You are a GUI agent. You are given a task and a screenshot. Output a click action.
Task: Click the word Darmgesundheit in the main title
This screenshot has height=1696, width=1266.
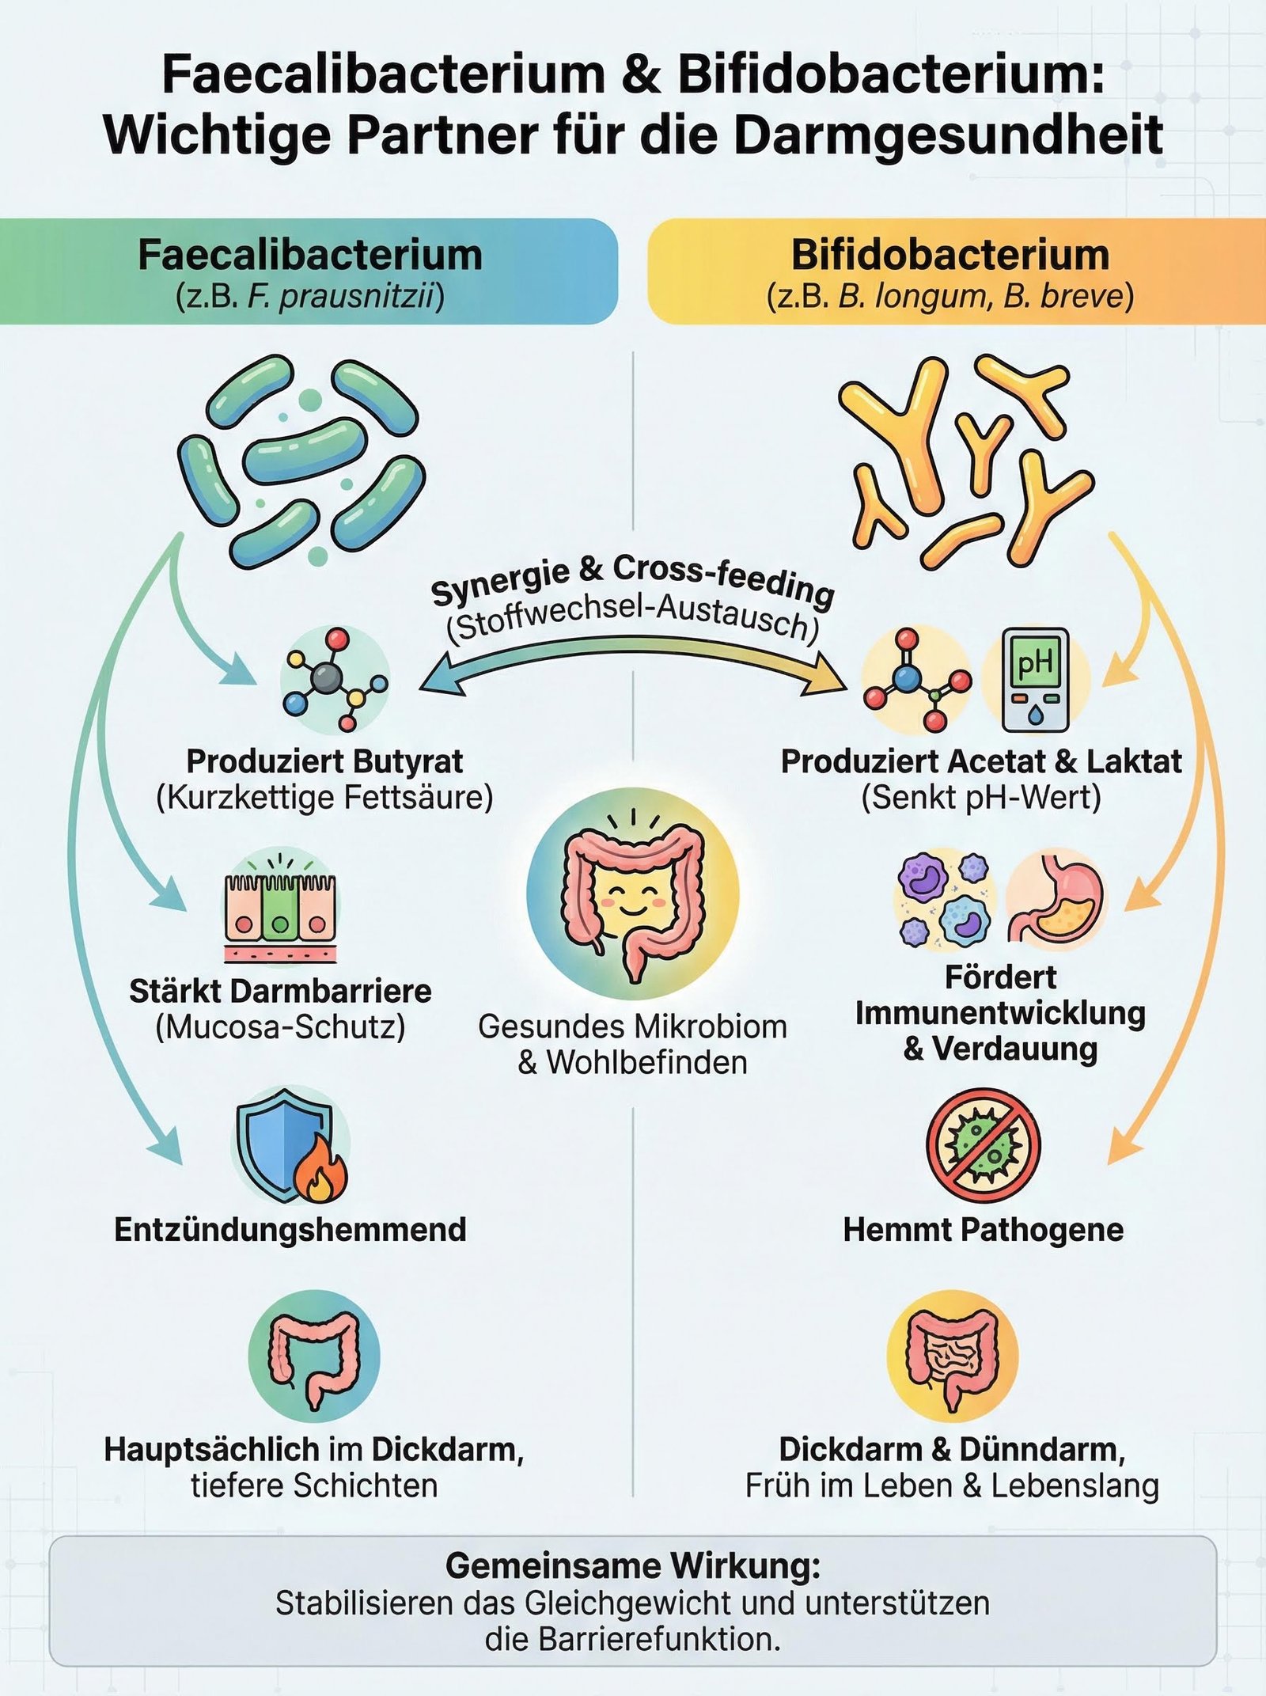(948, 135)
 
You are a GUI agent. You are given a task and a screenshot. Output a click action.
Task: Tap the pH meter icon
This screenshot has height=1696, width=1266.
(1035, 680)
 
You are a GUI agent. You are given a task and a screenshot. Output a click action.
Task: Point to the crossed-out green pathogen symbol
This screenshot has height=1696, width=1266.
(983, 1144)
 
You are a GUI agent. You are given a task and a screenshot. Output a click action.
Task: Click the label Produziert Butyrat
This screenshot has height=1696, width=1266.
(324, 761)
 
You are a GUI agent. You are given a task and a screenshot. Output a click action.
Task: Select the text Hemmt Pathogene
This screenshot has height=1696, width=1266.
(983, 1230)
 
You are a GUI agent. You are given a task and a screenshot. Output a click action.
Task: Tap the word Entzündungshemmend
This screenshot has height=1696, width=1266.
(290, 1230)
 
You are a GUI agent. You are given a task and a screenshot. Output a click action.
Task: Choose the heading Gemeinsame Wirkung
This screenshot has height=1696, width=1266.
(632, 1565)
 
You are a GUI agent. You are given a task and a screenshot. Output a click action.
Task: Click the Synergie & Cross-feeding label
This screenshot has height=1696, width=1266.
(632, 579)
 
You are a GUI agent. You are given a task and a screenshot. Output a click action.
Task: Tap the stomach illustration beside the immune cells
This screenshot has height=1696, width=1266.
(1056, 900)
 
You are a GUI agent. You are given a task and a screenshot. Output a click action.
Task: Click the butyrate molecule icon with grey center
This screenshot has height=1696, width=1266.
(333, 679)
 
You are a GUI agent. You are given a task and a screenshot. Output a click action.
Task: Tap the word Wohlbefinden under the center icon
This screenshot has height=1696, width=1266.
(646, 1062)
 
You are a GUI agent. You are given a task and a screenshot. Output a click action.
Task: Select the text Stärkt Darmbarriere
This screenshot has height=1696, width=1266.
(280, 991)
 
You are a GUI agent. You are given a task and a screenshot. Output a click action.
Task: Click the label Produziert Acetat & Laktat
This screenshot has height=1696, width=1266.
(981, 761)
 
